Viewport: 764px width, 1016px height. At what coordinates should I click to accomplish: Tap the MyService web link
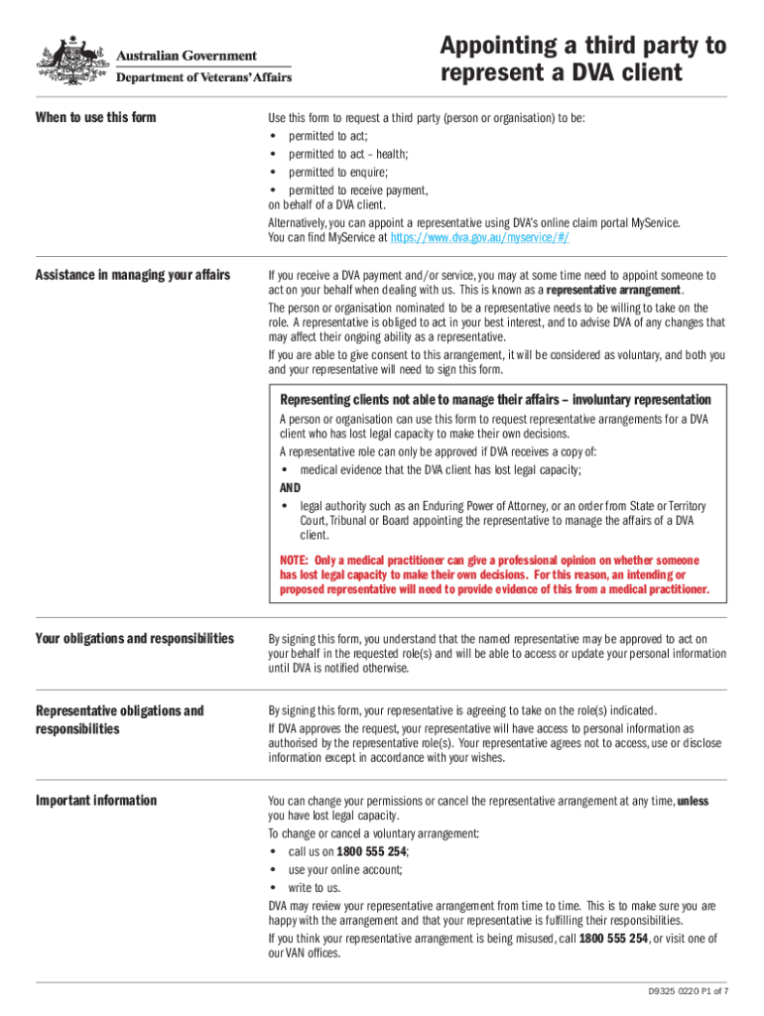[479, 238]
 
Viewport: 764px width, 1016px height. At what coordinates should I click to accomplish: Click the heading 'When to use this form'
[95, 117]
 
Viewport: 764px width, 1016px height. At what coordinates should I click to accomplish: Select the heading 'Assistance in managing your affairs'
[133, 275]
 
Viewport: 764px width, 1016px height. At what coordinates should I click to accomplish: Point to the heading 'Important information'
[95, 801]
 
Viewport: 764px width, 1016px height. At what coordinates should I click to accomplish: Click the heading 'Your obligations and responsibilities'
[134, 638]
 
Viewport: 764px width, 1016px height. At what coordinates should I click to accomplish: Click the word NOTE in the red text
[295, 560]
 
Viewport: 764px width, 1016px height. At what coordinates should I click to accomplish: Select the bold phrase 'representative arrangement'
[614, 290]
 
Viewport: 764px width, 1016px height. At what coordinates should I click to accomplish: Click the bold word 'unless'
[692, 801]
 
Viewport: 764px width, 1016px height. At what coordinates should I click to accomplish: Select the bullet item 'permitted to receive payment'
[357, 190]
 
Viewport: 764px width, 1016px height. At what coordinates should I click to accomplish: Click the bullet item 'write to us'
[314, 887]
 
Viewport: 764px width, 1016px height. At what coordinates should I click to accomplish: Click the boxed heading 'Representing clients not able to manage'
[494, 400]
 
